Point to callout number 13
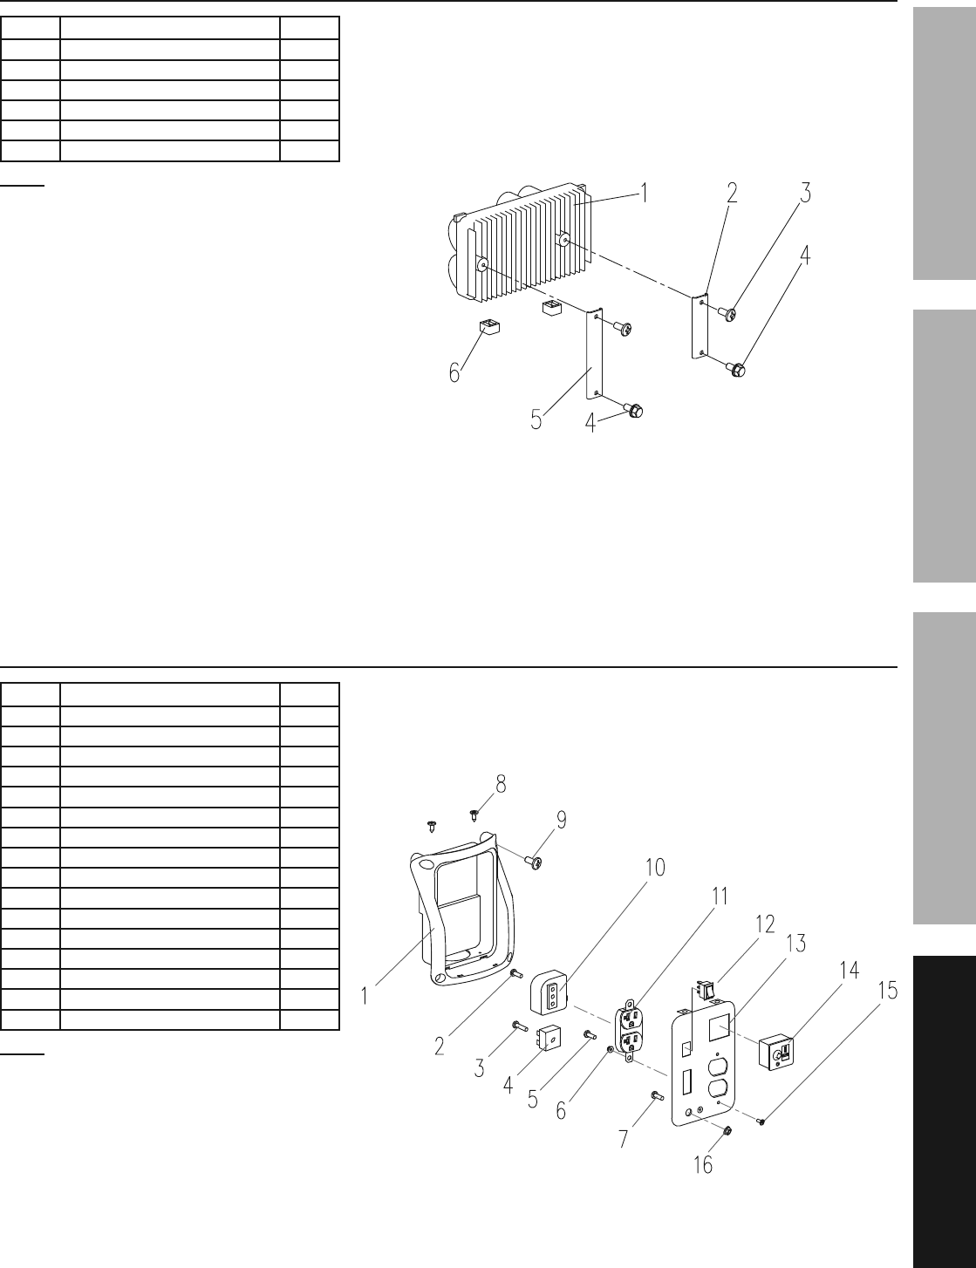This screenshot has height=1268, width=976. [795, 943]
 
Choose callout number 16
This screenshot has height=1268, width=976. [702, 1165]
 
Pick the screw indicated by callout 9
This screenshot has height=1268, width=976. [535, 862]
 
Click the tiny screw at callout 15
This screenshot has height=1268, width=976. [761, 1121]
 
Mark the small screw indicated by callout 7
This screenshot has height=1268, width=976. [657, 1095]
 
